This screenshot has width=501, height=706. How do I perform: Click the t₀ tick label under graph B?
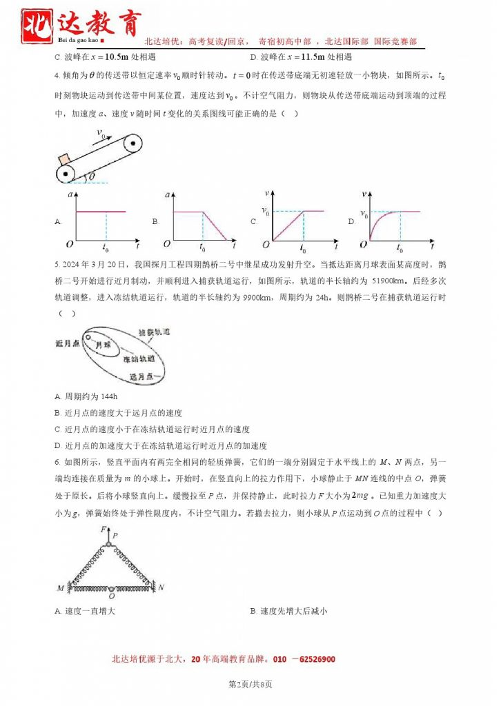(x=202, y=246)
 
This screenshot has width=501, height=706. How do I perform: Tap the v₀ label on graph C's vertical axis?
(x=264, y=210)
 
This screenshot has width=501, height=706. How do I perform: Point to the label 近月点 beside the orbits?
(x=68, y=342)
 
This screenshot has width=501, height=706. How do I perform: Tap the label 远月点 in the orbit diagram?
(x=144, y=376)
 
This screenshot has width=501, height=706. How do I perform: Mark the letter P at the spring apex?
(x=115, y=534)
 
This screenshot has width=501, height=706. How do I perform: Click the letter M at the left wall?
(x=61, y=587)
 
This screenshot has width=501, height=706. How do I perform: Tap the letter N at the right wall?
(x=161, y=587)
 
